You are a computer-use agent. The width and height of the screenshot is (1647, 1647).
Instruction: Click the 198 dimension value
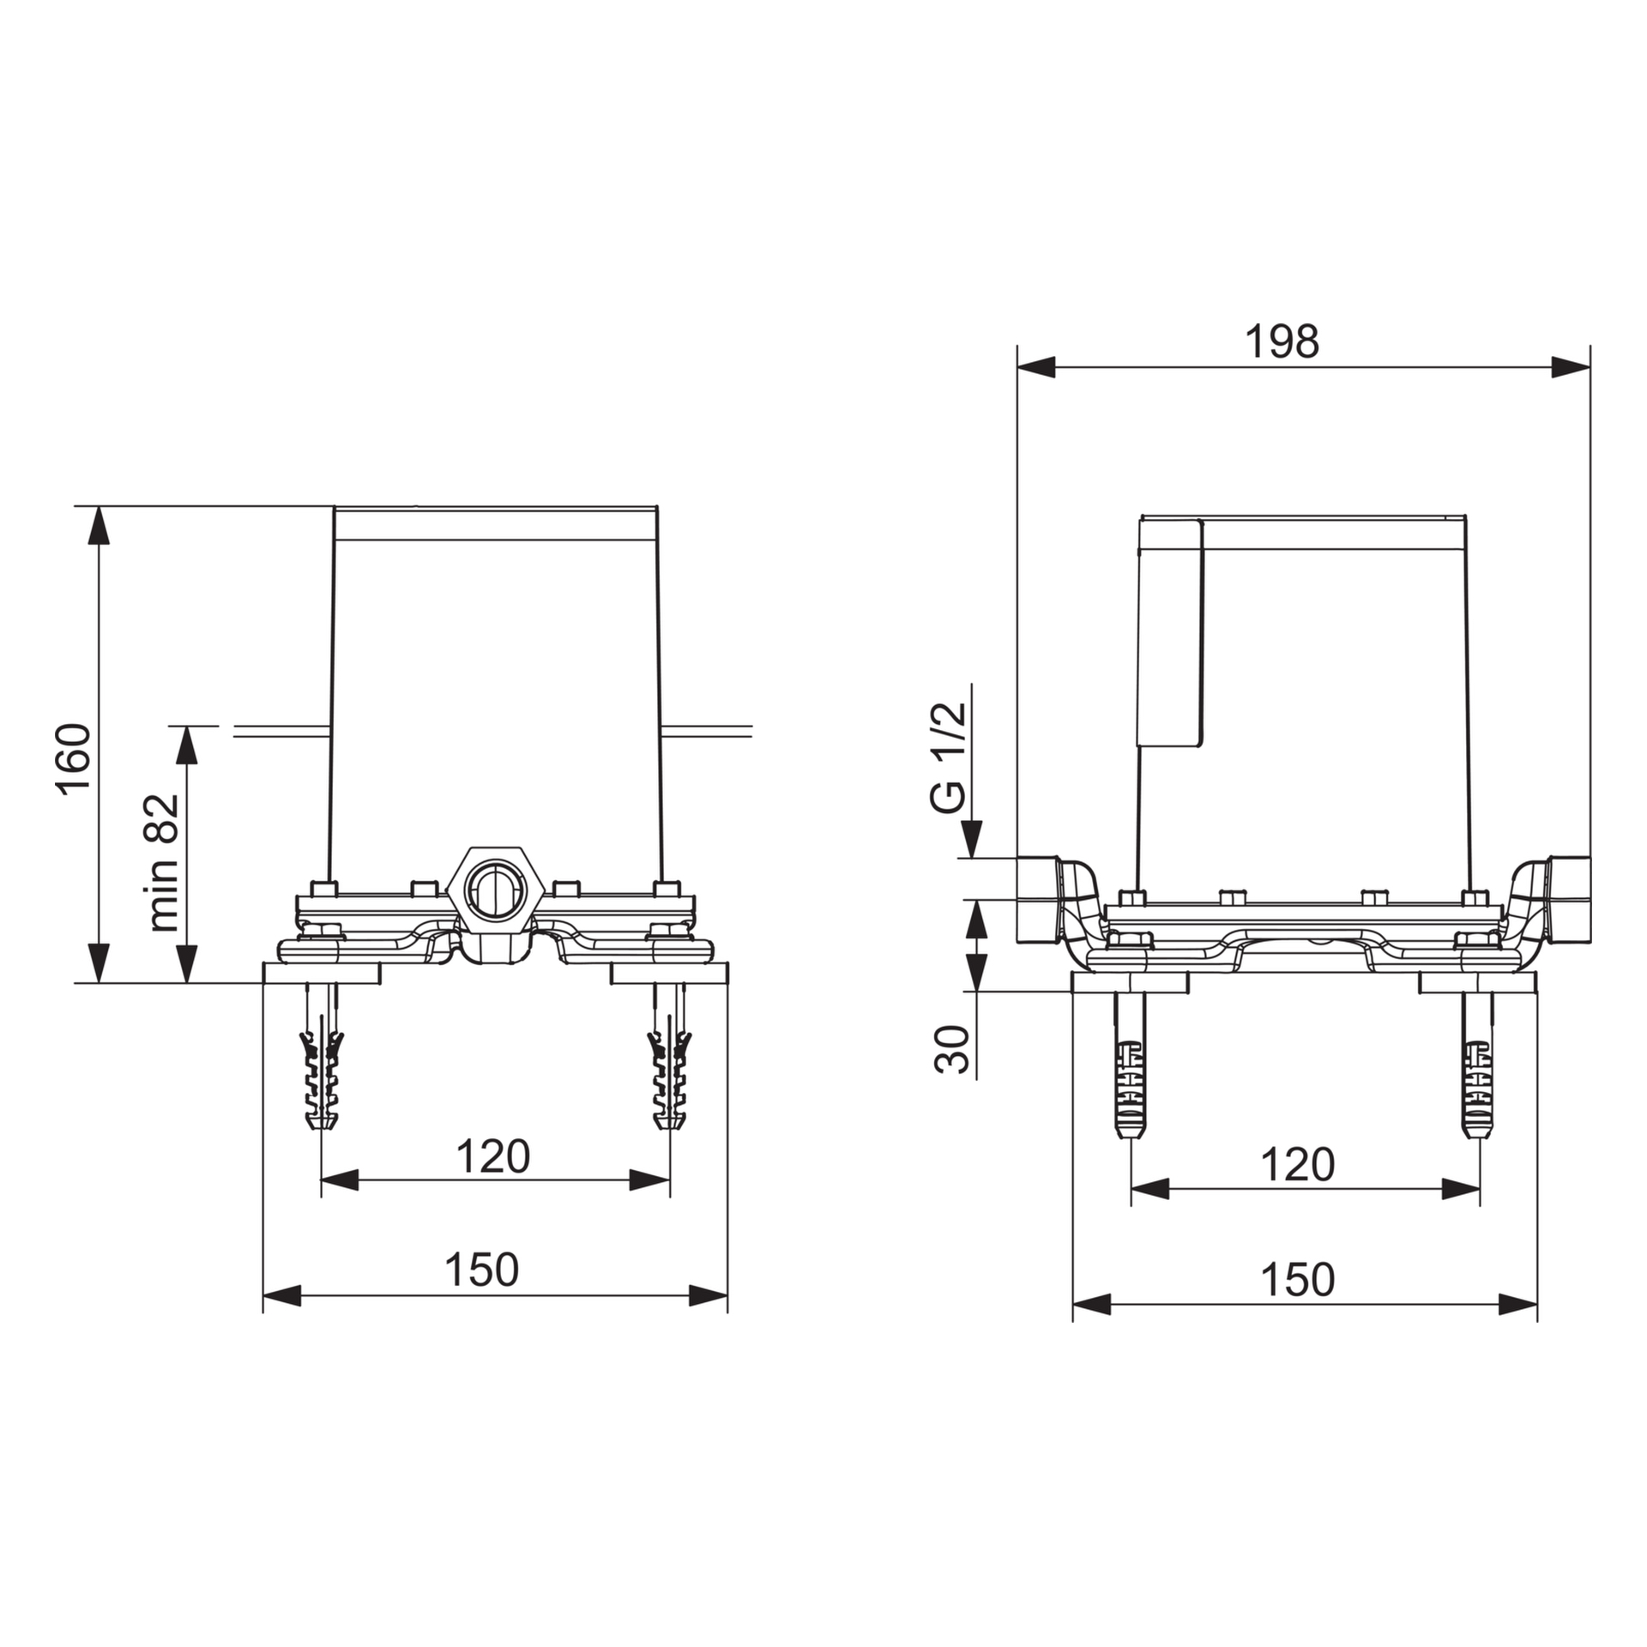pos(1282,341)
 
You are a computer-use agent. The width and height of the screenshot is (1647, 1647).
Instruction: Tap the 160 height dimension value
pos(75,760)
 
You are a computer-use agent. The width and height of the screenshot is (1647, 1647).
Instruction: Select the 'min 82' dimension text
pos(163,863)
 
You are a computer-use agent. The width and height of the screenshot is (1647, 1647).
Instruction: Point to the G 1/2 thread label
pos(948,757)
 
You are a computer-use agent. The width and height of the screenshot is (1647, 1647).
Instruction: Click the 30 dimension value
pos(951,1049)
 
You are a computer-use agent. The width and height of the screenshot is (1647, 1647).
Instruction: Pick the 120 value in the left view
pos(492,1156)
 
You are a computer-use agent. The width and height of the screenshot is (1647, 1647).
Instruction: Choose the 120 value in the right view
pos(1297,1165)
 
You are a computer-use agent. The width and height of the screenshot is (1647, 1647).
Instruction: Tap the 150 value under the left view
pos(481,1270)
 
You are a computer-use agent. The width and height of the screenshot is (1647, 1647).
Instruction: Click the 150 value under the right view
pos(1297,1280)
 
